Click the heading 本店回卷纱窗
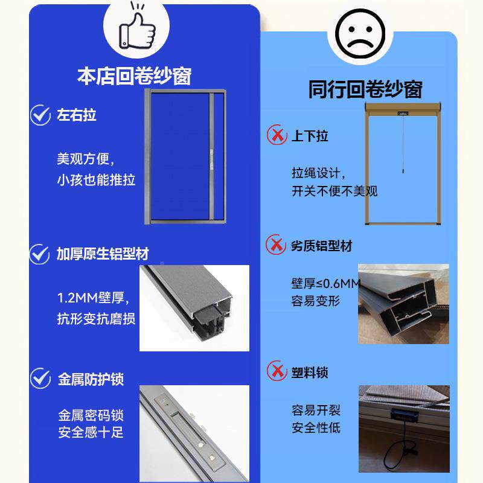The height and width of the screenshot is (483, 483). tap(134, 77)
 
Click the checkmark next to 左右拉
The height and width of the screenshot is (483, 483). tap(40, 115)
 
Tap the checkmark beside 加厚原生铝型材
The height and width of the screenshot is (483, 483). tap(40, 254)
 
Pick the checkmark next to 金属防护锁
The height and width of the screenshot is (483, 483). tap(40, 379)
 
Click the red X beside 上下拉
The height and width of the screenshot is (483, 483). tap(277, 135)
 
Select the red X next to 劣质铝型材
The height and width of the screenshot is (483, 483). tap(277, 245)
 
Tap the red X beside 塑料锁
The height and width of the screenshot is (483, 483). tap(277, 371)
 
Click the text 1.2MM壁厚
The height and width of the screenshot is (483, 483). tap(93, 298)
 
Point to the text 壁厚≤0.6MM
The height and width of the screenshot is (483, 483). tap(326, 284)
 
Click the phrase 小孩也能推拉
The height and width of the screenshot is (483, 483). tap(96, 180)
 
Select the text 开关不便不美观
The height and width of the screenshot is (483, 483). tap(334, 191)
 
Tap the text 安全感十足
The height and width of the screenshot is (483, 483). tap(91, 432)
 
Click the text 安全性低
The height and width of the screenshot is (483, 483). tap(316, 428)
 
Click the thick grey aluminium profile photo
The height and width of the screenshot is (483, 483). tap(194, 308)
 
